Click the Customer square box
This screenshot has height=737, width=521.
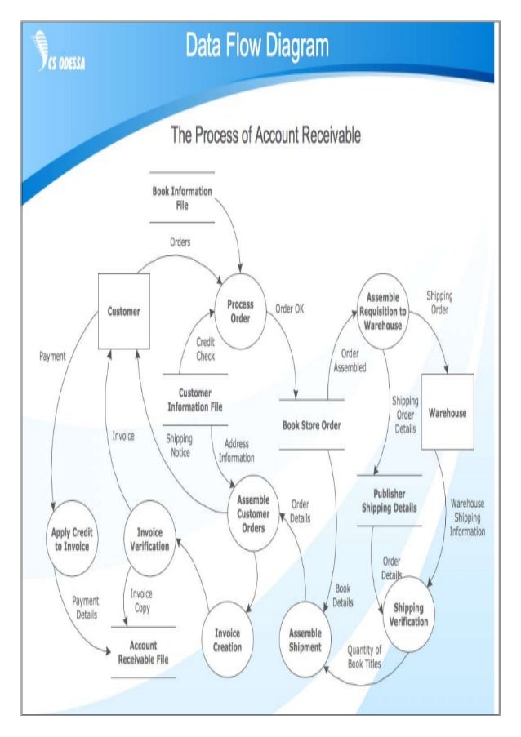coord(124,311)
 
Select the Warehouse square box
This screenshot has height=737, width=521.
coord(448,412)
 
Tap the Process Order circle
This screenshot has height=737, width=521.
coord(240,310)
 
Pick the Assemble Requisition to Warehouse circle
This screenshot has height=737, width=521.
coord(383,310)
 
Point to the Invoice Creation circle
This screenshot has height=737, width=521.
coord(228,640)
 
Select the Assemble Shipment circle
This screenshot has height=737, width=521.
coord(305,640)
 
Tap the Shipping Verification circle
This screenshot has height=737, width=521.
coord(408,614)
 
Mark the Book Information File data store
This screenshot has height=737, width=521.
coord(182,198)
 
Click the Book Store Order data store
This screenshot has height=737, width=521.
coord(311,424)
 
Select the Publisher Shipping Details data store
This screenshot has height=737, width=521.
coord(389,500)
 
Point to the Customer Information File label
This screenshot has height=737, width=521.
coord(195,399)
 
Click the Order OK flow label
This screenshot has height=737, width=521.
coord(289,308)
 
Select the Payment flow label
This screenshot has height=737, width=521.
coord(52,356)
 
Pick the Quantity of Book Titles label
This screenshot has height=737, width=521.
coord(364,655)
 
